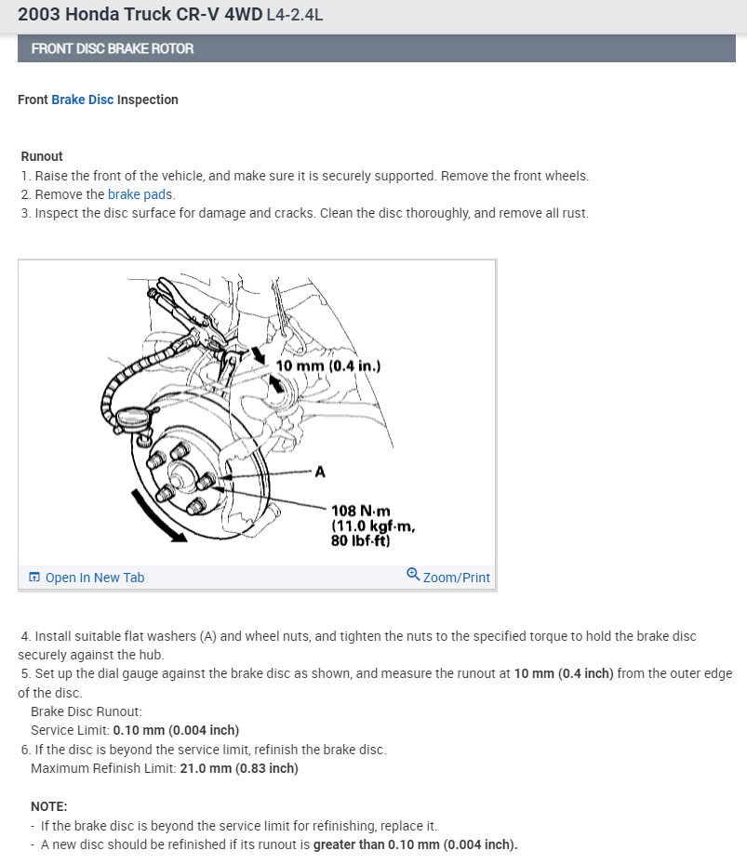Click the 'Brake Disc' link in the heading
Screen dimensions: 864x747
pyautogui.click(x=82, y=100)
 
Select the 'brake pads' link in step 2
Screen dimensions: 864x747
pyautogui.click(x=140, y=194)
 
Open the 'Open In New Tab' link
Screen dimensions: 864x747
pyautogui.click(x=94, y=578)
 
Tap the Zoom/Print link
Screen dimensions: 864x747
pyautogui.click(x=456, y=578)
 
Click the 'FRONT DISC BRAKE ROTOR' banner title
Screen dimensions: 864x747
pyautogui.click(x=113, y=48)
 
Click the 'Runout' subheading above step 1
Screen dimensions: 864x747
pyautogui.click(x=42, y=156)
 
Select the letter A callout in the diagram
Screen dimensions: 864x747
pyautogui.click(x=320, y=472)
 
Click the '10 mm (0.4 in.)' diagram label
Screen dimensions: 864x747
pyautogui.click(x=327, y=366)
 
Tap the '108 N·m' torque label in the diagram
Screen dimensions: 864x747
pyautogui.click(x=361, y=511)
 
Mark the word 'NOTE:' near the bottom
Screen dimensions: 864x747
pyautogui.click(x=48, y=806)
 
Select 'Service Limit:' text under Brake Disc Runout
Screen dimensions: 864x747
pyautogui.click(x=70, y=730)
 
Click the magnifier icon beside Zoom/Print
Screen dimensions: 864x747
pyautogui.click(x=413, y=575)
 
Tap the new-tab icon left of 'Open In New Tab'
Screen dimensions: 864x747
pyautogui.click(x=34, y=578)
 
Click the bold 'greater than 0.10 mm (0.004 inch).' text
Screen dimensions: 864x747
pyautogui.click(x=415, y=844)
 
